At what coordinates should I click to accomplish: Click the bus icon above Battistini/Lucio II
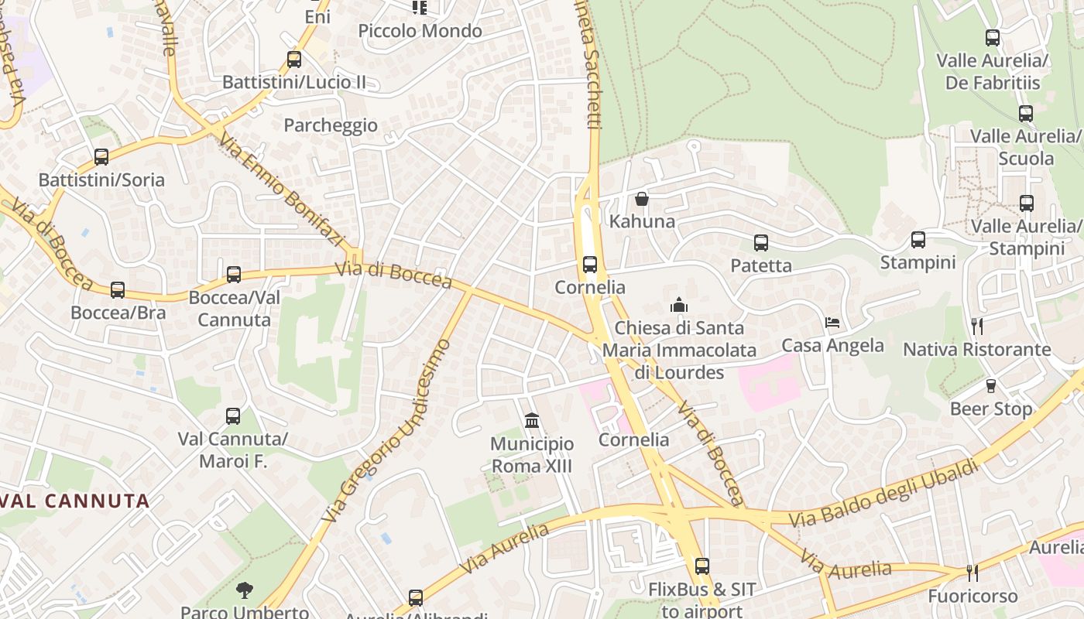(294, 59)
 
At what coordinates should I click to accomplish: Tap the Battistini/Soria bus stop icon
(101, 157)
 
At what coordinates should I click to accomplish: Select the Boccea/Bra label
(118, 313)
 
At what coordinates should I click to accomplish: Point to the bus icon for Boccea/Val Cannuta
(234, 274)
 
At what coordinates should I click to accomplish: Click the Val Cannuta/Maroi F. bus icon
(233, 416)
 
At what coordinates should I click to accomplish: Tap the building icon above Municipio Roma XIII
(532, 420)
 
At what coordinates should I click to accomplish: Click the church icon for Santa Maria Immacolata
(679, 305)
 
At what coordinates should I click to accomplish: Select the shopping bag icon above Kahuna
(642, 199)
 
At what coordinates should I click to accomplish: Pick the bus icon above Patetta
(761, 243)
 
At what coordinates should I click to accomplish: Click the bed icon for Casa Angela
(832, 322)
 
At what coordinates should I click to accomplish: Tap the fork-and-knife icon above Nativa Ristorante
(977, 326)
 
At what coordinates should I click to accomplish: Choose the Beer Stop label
(991, 409)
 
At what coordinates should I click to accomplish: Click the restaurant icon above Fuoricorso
(973, 573)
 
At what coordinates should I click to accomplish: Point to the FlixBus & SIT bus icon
(702, 566)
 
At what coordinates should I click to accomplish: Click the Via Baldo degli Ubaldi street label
(883, 493)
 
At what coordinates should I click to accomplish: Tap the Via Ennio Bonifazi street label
(280, 190)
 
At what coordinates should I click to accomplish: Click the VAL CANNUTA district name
(76, 501)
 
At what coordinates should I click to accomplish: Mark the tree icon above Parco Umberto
(245, 590)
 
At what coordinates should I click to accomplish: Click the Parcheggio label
(331, 125)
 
